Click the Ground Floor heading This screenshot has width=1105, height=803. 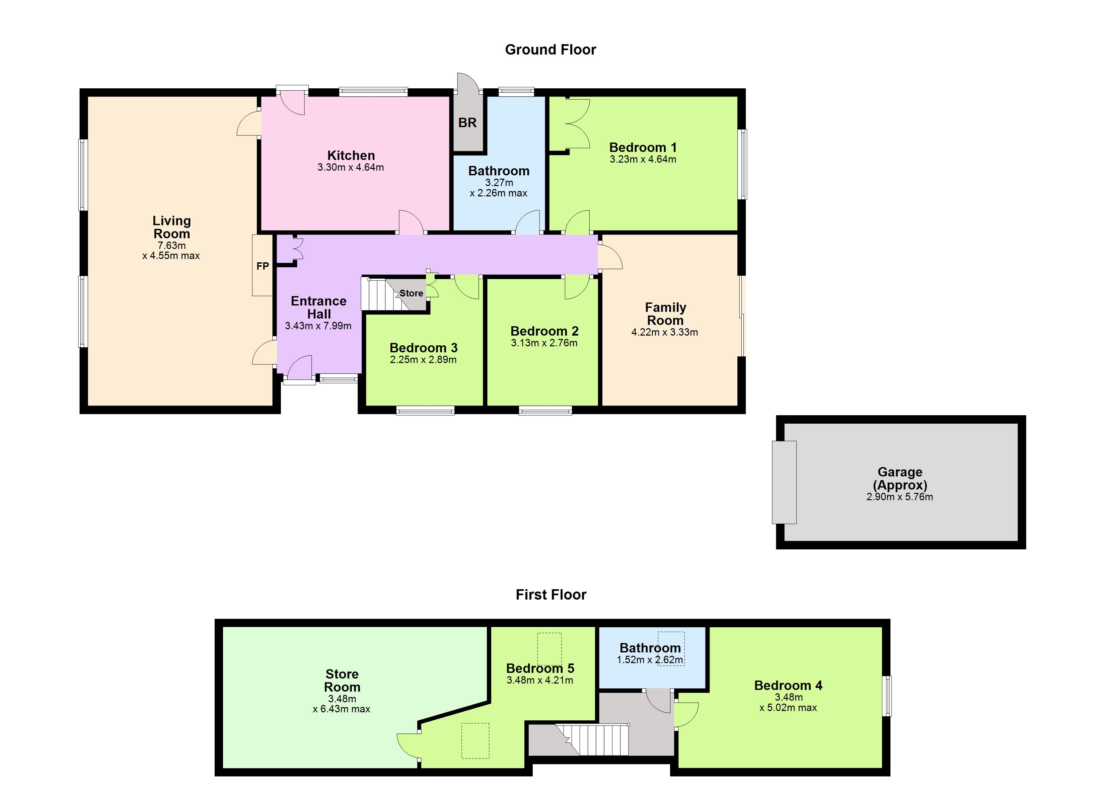tap(550, 50)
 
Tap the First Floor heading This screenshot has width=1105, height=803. tap(551, 595)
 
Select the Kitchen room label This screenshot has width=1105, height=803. tap(351, 155)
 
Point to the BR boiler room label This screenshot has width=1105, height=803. tap(467, 123)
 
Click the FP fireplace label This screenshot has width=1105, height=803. tap(263, 266)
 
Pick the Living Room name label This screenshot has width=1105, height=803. tap(171, 227)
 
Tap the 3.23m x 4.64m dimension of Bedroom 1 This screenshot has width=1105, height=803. tap(643, 159)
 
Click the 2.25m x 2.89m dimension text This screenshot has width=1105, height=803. tap(423, 360)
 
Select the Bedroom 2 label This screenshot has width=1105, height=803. tap(544, 331)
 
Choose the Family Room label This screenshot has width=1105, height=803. tap(666, 314)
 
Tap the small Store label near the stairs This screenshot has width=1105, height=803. tap(411, 293)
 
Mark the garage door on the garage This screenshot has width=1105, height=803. tap(784, 482)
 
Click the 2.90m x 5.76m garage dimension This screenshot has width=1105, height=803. tap(899, 497)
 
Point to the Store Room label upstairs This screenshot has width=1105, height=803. tap(342, 681)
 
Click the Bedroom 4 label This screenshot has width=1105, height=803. tap(788, 686)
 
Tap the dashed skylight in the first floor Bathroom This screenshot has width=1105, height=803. tap(671, 649)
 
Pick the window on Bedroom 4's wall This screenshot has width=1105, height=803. tap(888, 696)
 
